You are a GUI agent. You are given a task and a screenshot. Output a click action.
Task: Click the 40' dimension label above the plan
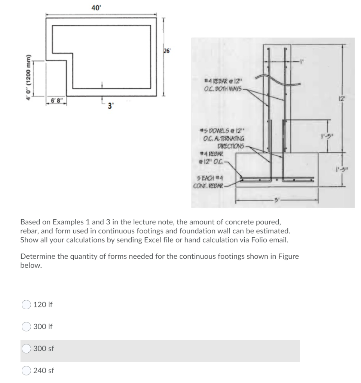pos(95,7)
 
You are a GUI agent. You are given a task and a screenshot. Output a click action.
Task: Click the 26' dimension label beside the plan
pos(166,52)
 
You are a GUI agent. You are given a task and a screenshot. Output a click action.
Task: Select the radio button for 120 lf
pos(27,304)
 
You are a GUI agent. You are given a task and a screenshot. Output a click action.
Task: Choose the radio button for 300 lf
pos(27,327)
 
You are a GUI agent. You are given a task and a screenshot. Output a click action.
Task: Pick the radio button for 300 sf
pos(27,349)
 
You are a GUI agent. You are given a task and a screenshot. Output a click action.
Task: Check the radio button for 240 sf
pos(27,371)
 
